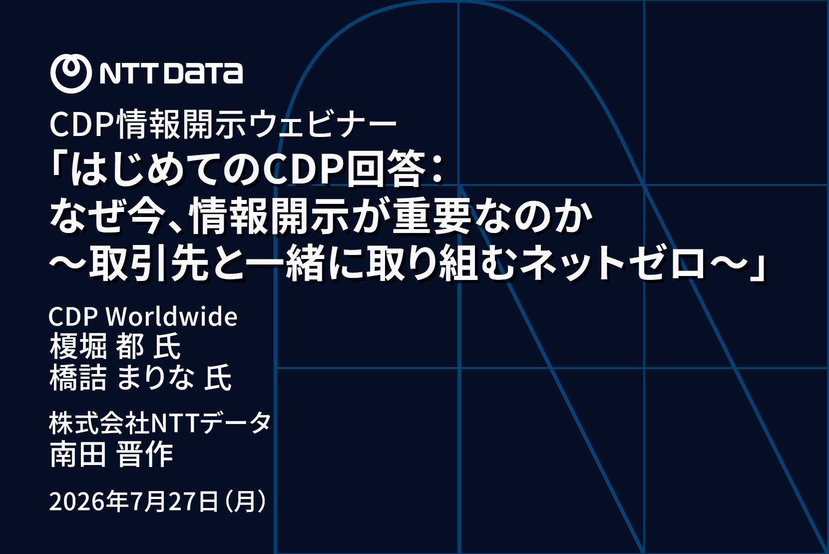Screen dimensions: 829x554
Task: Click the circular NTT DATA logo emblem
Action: pos(71,73)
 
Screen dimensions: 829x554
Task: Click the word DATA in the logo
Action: pos(203,73)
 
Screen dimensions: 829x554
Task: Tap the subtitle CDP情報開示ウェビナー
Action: pos(223,124)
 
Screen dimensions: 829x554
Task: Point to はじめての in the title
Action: pos(166,169)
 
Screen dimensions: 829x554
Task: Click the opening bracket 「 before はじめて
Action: pos(59,165)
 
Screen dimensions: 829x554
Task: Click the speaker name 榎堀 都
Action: pos(96,346)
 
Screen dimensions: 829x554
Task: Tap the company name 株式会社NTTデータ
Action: pos(160,423)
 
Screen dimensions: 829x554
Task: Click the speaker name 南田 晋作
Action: pos(111,454)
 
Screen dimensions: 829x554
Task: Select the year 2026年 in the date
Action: pos(88,501)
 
